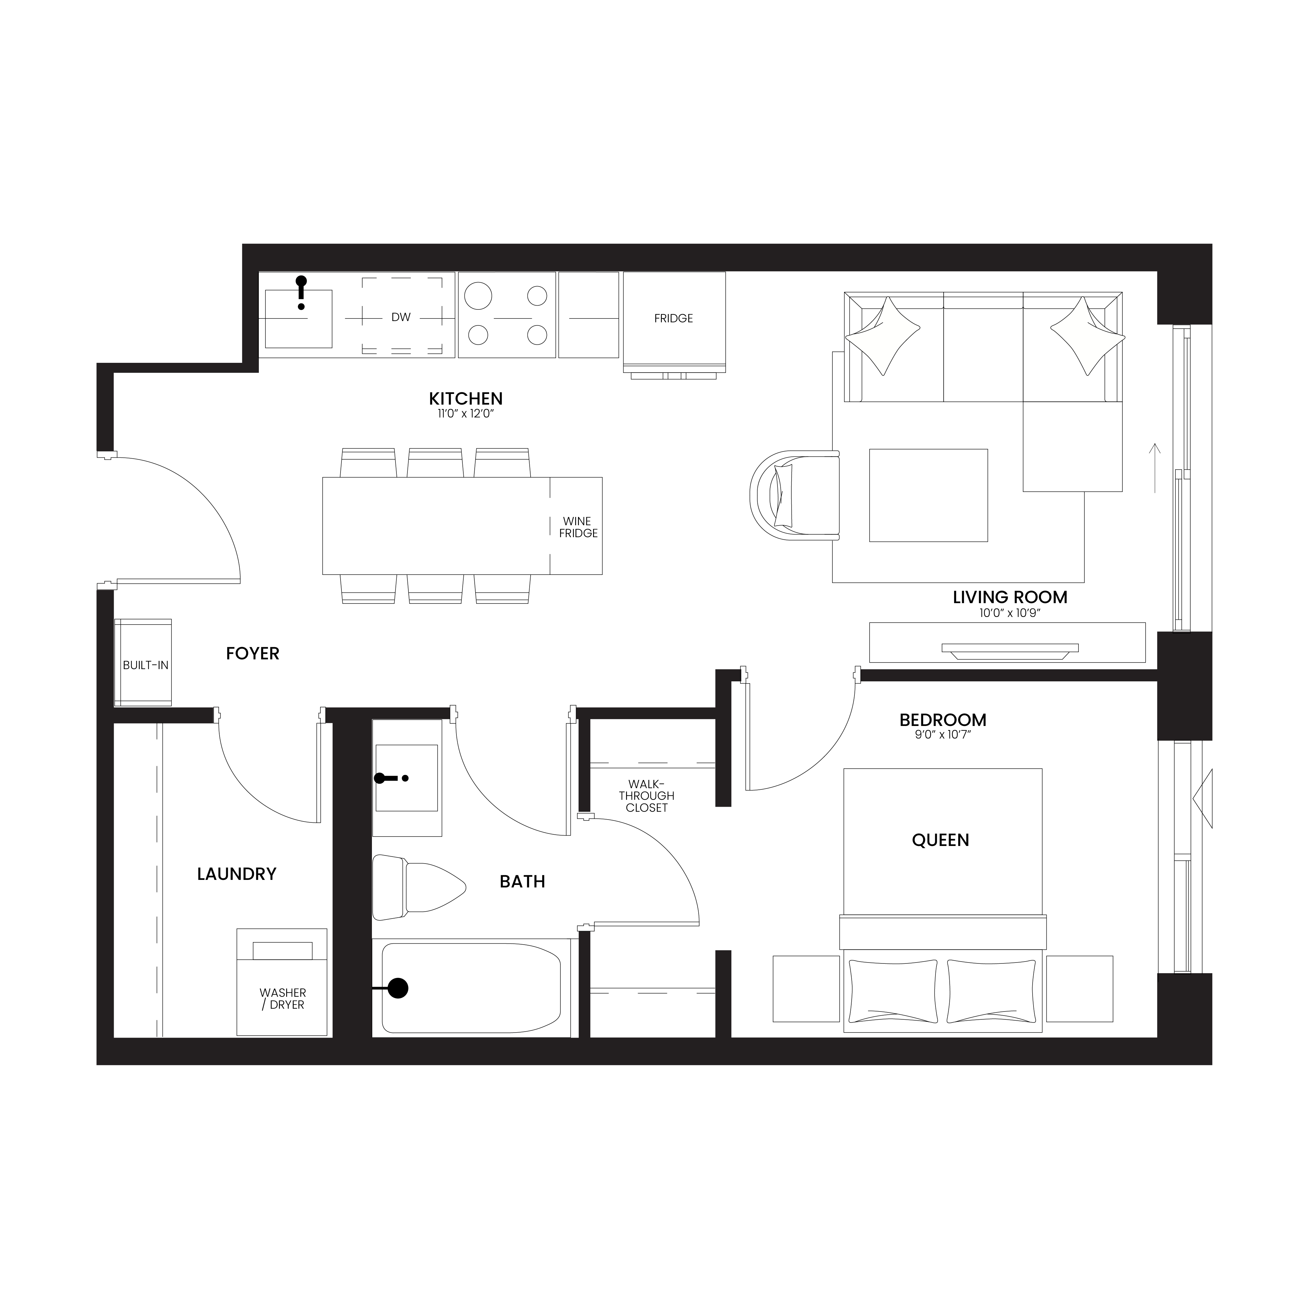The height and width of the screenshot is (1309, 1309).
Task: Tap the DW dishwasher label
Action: [401, 317]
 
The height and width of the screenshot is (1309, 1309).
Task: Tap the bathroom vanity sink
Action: [406, 778]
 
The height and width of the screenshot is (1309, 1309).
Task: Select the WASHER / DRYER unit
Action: [282, 982]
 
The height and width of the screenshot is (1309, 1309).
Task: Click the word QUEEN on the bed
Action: [941, 840]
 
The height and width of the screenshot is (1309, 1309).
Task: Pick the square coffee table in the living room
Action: [928, 495]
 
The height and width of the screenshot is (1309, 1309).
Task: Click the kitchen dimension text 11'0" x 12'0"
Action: [466, 414]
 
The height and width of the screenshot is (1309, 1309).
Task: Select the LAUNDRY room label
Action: [237, 874]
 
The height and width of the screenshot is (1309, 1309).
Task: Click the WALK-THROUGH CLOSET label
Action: [646, 795]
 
